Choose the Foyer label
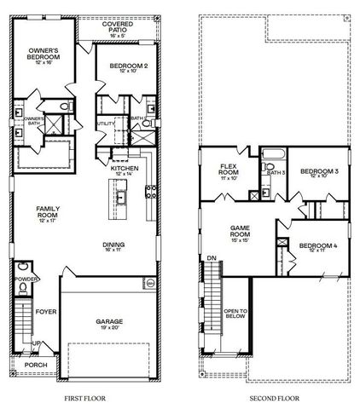click(45, 312)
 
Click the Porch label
click(36, 365)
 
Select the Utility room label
click(105, 124)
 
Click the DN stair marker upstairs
click(210, 257)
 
